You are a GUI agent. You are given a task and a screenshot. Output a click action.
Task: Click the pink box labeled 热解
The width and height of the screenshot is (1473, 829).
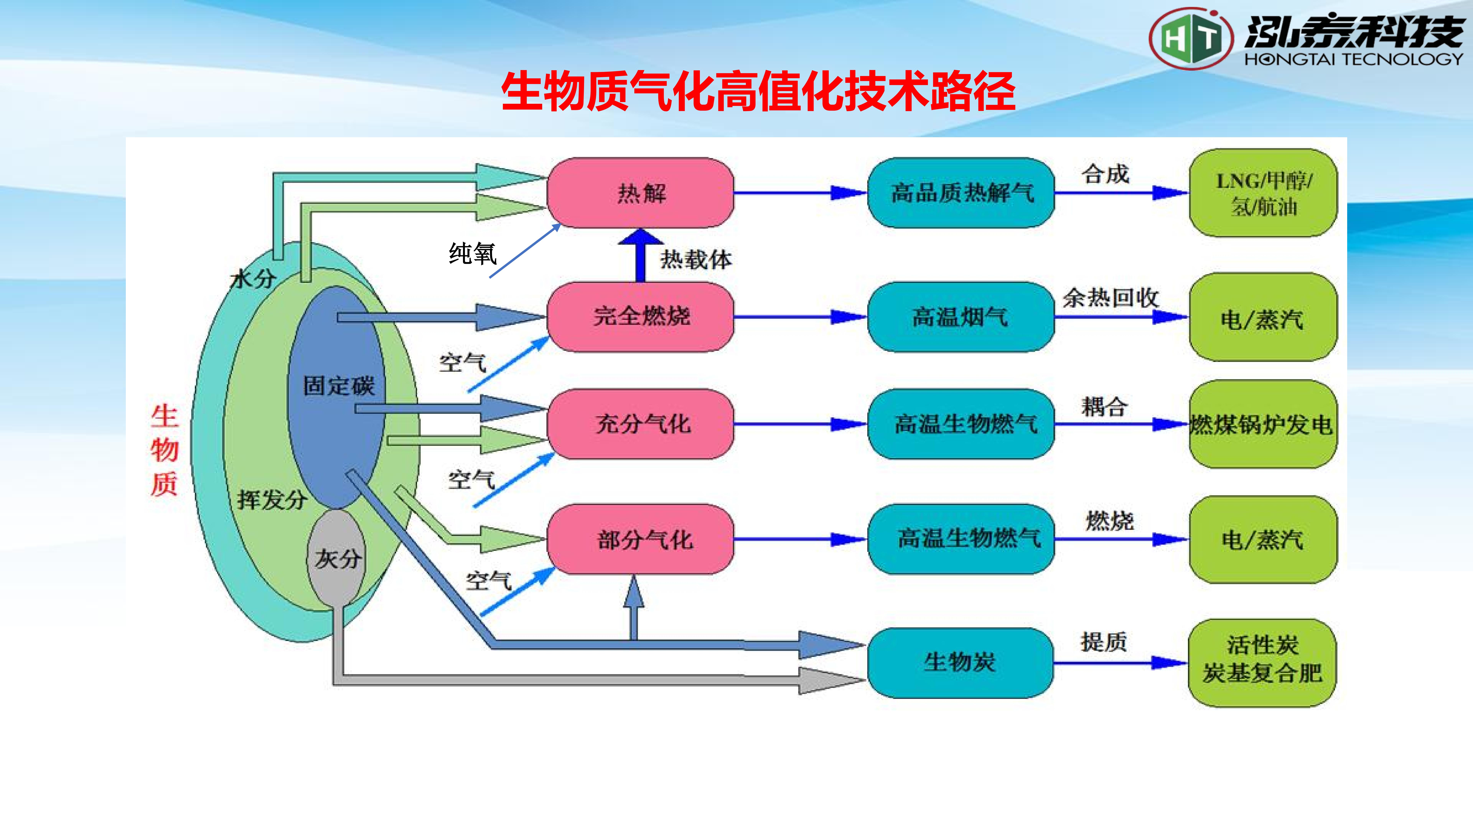point(640,193)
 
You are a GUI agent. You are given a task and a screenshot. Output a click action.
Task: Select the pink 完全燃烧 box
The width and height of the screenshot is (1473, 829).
point(640,316)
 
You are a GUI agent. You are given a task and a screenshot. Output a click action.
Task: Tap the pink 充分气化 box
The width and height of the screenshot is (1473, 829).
point(640,424)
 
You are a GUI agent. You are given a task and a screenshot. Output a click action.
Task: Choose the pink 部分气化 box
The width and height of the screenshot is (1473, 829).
point(640,539)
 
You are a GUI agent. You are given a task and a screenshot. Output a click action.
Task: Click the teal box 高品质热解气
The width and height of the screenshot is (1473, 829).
point(961,193)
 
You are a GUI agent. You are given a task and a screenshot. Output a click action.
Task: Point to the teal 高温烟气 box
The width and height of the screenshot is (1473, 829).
point(961,316)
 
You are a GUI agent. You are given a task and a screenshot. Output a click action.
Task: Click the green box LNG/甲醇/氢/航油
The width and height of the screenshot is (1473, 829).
point(1263,193)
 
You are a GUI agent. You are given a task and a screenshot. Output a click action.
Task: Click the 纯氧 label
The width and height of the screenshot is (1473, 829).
point(472,253)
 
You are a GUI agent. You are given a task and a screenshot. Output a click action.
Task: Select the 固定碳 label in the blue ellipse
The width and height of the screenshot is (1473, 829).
point(339,386)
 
